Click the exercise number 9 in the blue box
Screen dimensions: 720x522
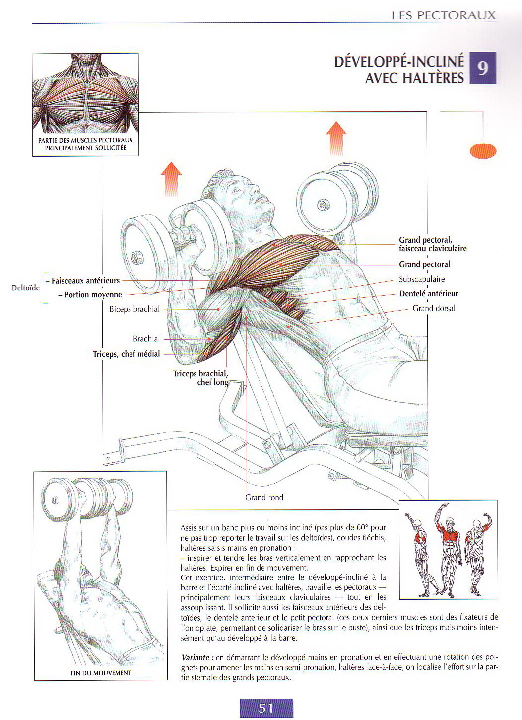[482, 68]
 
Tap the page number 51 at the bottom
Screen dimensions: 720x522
[266, 708]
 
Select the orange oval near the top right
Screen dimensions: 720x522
[483, 151]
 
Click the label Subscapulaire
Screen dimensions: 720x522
[422, 279]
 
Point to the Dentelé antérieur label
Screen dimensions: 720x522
[428, 294]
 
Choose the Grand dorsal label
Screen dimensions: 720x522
[434, 308]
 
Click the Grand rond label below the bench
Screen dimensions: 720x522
[264, 497]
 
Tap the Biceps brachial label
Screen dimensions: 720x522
[134, 309]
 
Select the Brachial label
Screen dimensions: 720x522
[146, 339]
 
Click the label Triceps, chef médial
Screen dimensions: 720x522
[127, 354]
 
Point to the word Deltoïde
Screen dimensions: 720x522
[25, 288]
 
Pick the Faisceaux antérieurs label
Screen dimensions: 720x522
[85, 281]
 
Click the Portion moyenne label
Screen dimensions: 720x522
[93, 295]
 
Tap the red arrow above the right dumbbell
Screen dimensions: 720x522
[336, 138]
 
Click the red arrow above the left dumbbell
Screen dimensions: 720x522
[171, 178]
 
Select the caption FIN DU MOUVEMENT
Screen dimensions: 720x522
[101, 673]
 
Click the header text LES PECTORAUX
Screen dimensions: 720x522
[444, 15]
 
